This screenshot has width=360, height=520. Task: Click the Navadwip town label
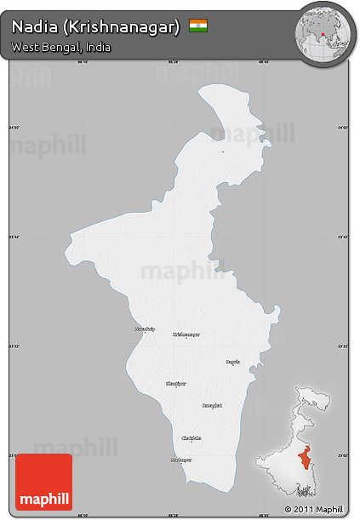point(146,329)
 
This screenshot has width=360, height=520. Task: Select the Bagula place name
point(232,362)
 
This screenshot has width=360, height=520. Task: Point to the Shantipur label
point(175,384)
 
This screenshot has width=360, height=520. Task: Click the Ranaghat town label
point(212,405)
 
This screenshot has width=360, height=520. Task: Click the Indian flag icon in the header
point(198,26)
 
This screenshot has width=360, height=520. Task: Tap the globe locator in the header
point(324,33)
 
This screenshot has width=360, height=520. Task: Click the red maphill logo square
point(44,482)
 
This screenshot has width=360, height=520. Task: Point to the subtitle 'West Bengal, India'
point(61,47)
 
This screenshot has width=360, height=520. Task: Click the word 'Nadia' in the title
point(32,27)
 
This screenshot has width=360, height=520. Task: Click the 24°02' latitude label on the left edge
point(13,128)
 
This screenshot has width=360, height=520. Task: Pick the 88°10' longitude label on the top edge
point(83,62)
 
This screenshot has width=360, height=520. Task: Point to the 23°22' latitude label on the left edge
point(13,347)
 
